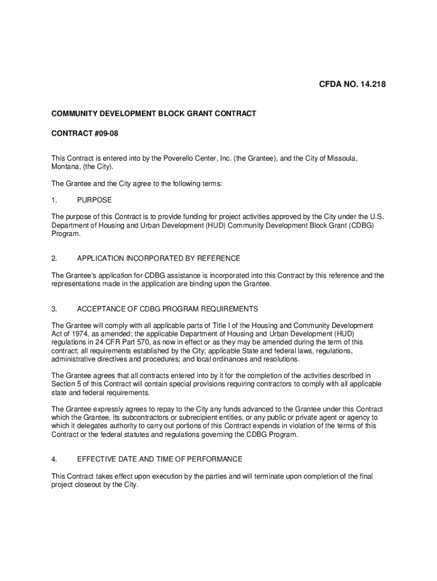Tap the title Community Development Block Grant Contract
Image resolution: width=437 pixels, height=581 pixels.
154,113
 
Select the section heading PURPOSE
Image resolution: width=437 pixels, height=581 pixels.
94,200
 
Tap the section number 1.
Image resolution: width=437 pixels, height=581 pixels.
54,200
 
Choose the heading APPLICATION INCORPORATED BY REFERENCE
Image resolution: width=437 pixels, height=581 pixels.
158,258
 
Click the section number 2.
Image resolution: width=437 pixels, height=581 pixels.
54,258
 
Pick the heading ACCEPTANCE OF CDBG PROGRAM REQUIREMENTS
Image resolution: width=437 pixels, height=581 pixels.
167,309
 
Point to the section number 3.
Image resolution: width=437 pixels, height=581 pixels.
54,309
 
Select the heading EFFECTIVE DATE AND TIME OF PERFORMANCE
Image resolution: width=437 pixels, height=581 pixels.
159,459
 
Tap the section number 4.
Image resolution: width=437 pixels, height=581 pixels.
54,459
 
